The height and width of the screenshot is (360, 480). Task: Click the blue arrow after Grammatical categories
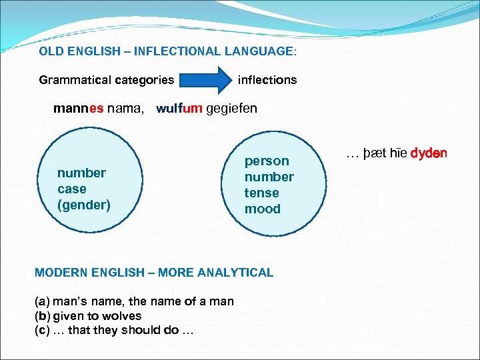click(204, 80)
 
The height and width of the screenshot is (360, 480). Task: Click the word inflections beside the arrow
click(267, 80)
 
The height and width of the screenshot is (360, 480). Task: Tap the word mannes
click(79, 109)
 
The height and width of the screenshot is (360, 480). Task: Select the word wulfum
click(179, 109)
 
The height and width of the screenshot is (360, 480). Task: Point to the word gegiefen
click(231, 109)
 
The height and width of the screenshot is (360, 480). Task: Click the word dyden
click(429, 153)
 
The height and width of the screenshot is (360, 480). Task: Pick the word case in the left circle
click(71, 189)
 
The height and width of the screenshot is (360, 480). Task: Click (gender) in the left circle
click(84, 205)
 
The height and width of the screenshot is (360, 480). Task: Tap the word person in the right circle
click(267, 161)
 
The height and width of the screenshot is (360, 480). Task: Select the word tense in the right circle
click(261, 193)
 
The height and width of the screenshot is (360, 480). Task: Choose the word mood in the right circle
click(263, 209)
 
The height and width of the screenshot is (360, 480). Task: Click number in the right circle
click(269, 177)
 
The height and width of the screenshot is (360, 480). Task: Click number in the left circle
click(81, 173)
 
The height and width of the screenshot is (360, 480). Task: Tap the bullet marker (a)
click(41, 301)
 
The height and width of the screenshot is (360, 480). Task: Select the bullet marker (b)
click(41, 315)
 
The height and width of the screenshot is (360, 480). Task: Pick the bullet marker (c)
click(41, 329)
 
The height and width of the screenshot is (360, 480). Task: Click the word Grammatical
click(75, 80)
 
